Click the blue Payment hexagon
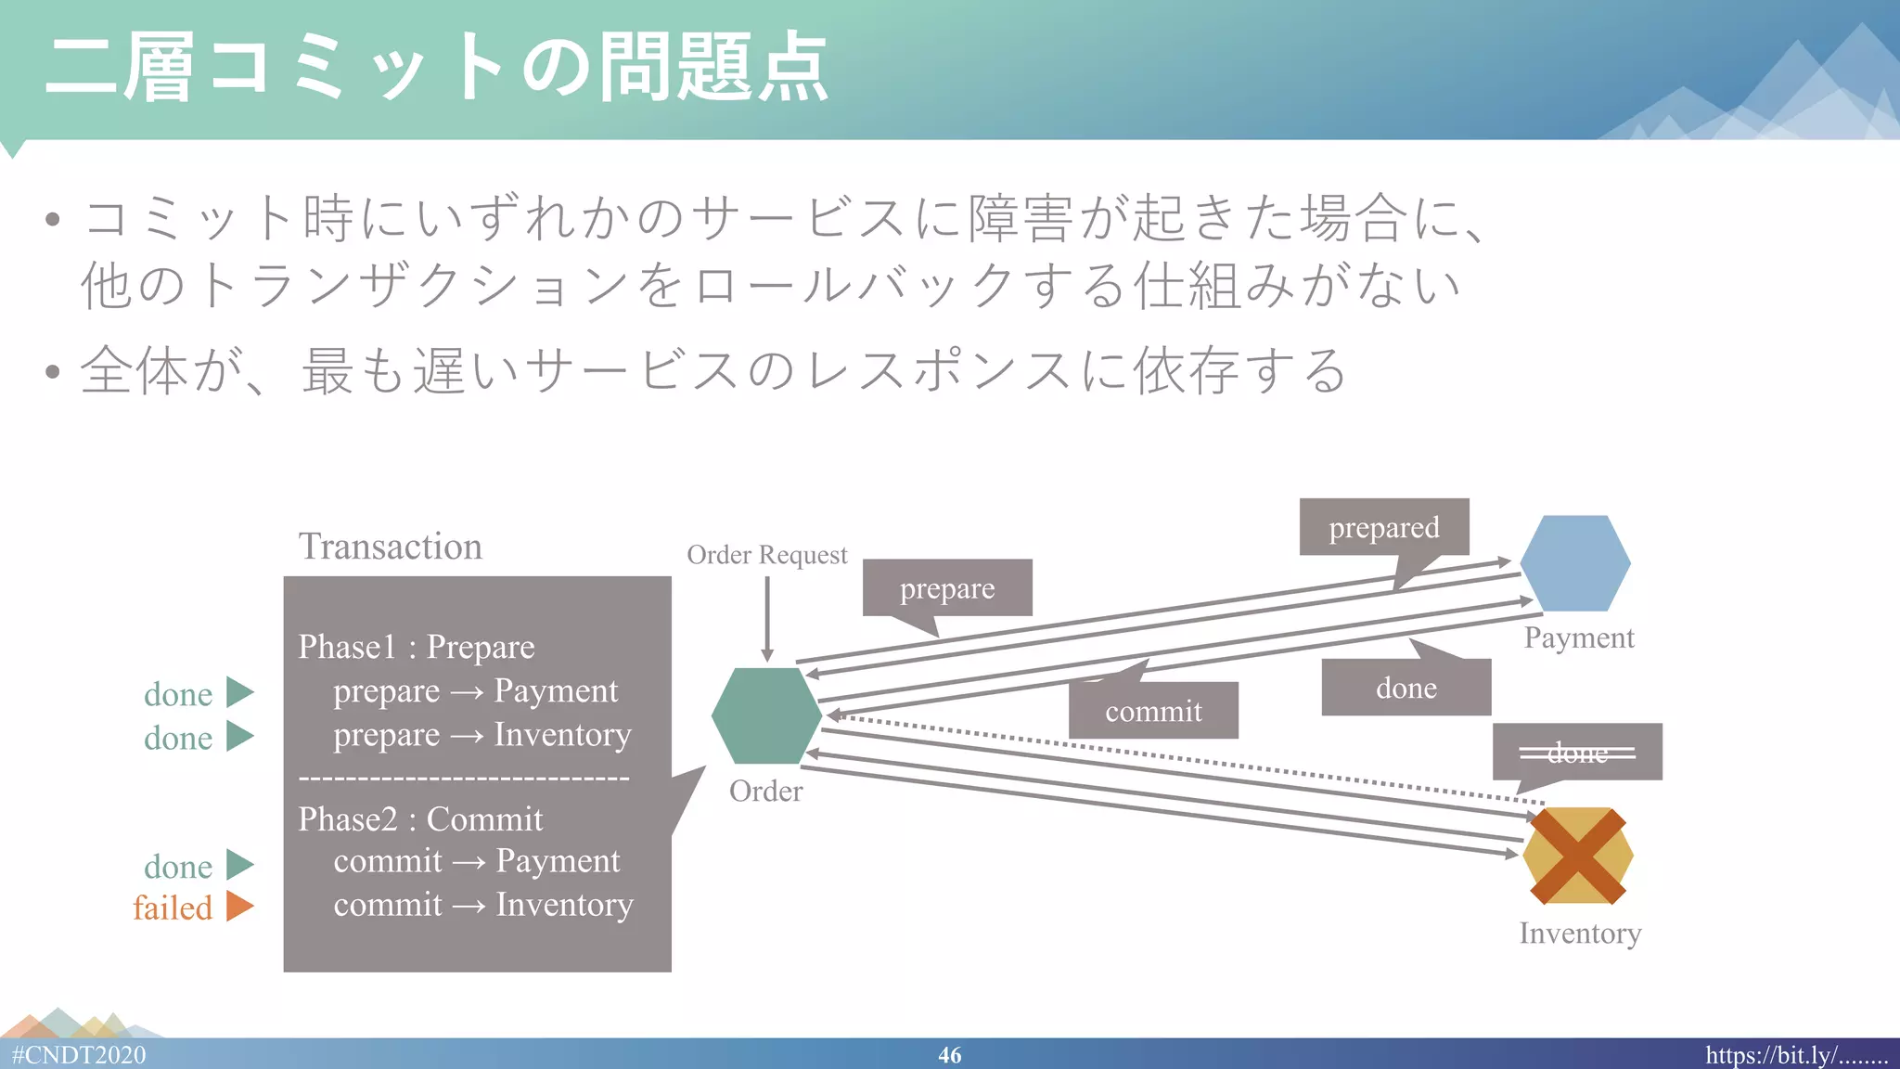click(1575, 563)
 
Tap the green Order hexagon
click(766, 715)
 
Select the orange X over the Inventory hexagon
click(1577, 856)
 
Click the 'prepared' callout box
click(1383, 527)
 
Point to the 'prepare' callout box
click(946, 588)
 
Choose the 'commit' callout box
click(1153, 711)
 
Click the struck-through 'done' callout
click(1577, 752)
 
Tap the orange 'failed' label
click(173, 908)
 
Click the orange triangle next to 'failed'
click(238, 906)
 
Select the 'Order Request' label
click(766, 555)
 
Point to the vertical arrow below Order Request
click(767, 617)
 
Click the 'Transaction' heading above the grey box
click(390, 547)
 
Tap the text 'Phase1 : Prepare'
click(416, 647)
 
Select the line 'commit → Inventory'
click(482, 905)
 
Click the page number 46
click(949, 1055)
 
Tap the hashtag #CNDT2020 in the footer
click(79, 1055)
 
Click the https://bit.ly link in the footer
click(1796, 1055)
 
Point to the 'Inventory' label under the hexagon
click(1580, 934)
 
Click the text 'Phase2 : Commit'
click(420, 819)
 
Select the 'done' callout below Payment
click(1406, 688)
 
